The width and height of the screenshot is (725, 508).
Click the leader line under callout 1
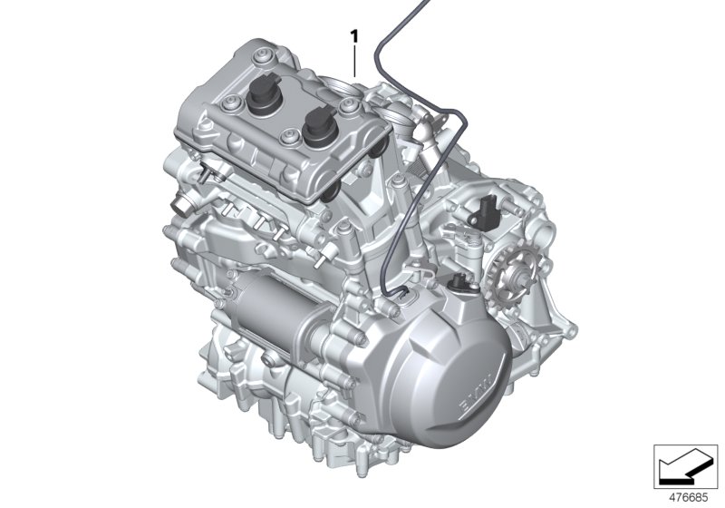tap(355, 61)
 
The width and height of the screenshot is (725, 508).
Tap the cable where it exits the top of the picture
tap(422, 5)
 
